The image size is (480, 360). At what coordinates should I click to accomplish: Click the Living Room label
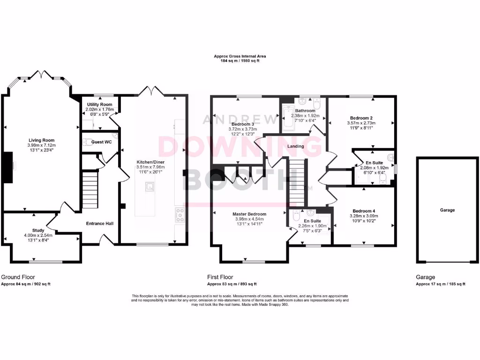pos(42,140)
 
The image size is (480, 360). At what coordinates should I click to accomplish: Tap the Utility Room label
pos(99,104)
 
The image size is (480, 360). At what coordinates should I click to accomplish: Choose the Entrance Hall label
pos(99,224)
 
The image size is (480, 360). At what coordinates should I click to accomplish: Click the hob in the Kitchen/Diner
pos(180,215)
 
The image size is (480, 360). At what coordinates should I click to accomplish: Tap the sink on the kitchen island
pos(150,187)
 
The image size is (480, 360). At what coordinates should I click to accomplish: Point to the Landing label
pos(296,146)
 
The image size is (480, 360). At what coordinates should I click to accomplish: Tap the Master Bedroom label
pos(249,214)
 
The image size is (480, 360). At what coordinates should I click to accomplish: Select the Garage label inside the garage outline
pos(447,210)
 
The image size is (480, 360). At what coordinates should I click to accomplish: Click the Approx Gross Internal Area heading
pos(236,56)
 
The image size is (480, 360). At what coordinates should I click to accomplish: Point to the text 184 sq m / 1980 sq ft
pos(236,60)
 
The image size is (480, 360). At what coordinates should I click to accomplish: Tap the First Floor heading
pos(220,277)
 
